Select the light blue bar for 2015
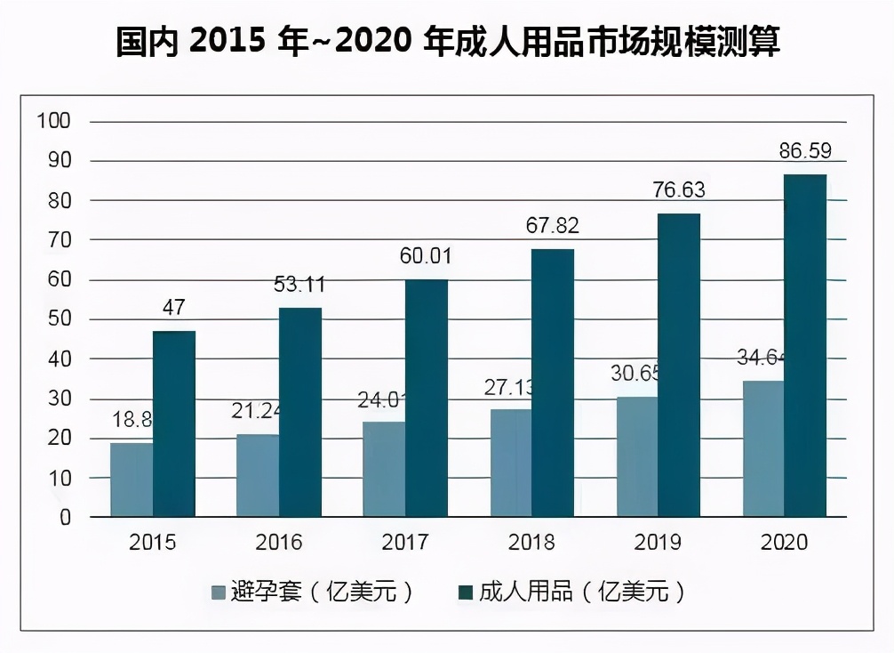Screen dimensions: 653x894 tap(132, 480)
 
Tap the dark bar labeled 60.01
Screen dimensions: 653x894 tap(427, 398)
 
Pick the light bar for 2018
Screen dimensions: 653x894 tap(511, 463)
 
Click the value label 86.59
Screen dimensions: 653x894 tap(805, 151)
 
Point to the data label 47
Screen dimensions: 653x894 tap(174, 308)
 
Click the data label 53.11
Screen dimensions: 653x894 tap(299, 285)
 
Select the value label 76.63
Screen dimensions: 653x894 tap(679, 191)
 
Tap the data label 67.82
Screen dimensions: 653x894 tap(553, 226)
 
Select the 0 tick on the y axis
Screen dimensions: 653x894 tap(64, 518)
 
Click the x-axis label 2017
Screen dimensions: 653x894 tap(404, 542)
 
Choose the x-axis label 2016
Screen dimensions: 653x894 tap(278, 542)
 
